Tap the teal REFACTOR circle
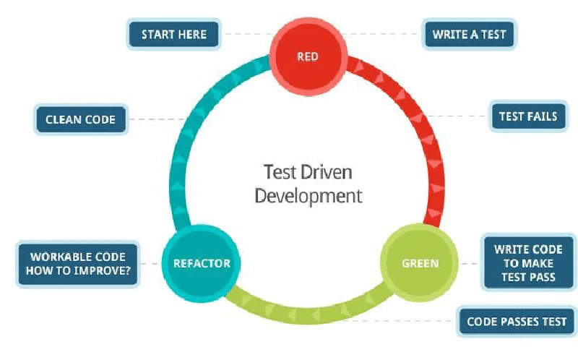click(200, 262)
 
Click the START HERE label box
click(173, 34)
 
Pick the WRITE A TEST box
click(469, 34)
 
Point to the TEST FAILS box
click(528, 116)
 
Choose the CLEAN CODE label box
click(80, 119)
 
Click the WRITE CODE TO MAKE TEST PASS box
click(528, 264)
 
